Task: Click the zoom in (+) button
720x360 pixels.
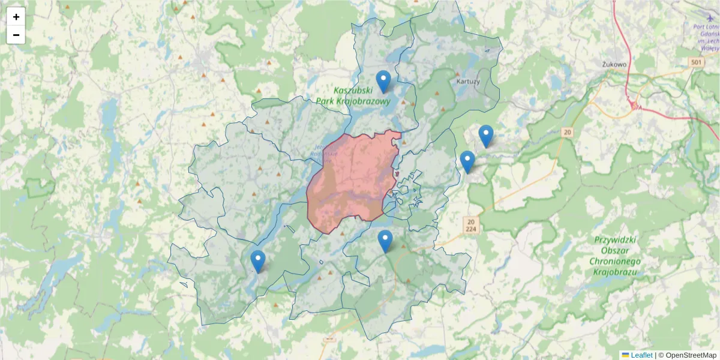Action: (x=16, y=17)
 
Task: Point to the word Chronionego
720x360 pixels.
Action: (x=615, y=262)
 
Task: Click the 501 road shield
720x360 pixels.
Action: (x=696, y=62)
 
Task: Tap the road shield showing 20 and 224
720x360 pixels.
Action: (x=471, y=225)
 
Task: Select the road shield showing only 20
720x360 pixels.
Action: (x=568, y=131)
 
